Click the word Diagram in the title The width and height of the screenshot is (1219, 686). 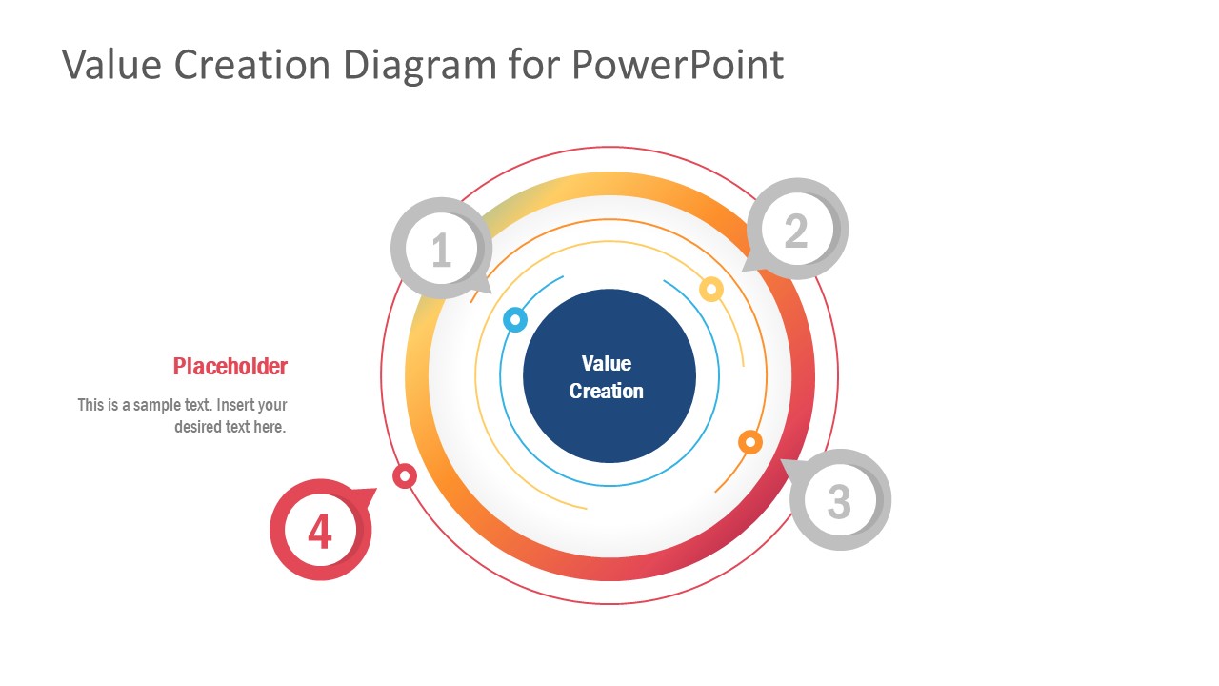point(419,65)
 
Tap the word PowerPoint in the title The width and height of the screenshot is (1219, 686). point(677,65)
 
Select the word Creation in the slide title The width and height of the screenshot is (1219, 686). point(251,65)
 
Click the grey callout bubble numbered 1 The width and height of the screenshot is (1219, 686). point(440,250)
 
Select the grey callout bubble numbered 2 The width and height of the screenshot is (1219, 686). point(796,230)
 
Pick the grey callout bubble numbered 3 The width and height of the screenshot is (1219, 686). point(839,500)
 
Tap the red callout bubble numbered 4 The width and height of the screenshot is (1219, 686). point(320,530)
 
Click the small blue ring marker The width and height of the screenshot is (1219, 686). point(514,318)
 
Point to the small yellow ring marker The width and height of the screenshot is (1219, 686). point(711,289)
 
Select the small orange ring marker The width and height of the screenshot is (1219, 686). point(750,442)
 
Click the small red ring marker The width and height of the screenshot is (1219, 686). point(405,475)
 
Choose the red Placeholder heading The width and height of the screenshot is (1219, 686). point(230,366)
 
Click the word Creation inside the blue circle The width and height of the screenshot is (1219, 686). point(607,391)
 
